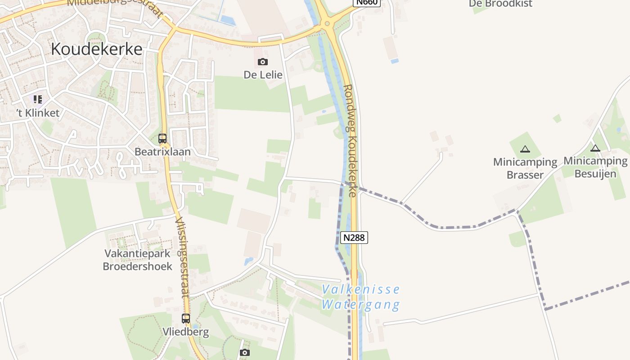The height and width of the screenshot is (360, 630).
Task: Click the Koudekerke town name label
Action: click(96, 49)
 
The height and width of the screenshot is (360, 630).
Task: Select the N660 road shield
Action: click(367, 2)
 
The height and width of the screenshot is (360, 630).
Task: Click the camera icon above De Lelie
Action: click(263, 62)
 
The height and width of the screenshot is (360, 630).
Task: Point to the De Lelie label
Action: click(263, 75)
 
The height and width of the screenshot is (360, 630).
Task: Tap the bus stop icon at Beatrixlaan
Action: click(162, 139)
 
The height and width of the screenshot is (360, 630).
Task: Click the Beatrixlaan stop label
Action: click(162, 152)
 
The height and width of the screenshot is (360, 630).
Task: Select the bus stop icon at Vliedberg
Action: click(186, 319)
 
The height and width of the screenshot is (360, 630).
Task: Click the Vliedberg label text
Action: click(186, 333)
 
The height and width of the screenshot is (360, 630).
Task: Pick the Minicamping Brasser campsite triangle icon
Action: click(525, 149)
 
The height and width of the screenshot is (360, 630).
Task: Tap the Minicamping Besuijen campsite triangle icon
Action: click(595, 148)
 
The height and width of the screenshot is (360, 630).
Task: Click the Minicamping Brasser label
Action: click(525, 168)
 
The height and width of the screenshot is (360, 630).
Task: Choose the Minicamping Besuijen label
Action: click(595, 167)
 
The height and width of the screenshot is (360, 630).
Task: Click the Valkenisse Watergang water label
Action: click(361, 297)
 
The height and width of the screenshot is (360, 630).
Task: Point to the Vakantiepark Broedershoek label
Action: click(137, 260)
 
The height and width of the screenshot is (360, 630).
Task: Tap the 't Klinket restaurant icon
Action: click(38, 99)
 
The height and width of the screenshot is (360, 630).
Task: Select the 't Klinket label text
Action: click(38, 113)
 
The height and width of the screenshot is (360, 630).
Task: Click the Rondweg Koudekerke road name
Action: click(351, 140)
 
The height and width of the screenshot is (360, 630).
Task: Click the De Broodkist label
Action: click(500, 4)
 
